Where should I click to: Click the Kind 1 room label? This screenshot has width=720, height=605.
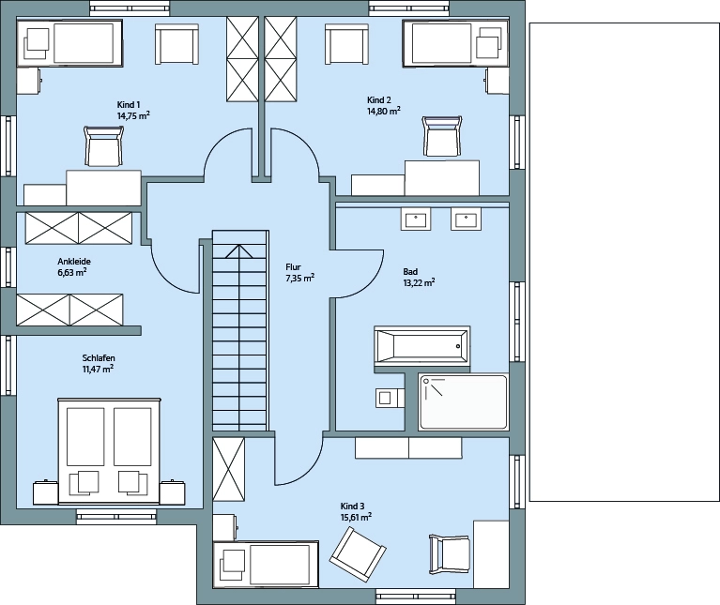coord(128,105)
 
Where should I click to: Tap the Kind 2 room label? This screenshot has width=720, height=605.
coord(379,100)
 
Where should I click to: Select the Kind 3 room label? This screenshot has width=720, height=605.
coord(352,507)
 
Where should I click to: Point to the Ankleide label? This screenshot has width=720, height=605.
coord(74,262)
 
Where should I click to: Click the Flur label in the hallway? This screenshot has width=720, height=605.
coord(293,267)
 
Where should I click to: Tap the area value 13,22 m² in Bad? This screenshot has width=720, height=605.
coord(419,282)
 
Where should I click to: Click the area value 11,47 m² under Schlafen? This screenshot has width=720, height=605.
coord(98,369)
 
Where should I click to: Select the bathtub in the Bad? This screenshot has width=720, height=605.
coord(422,346)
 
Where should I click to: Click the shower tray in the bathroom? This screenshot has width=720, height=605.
coord(464,402)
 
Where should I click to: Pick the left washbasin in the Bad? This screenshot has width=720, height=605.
coord(416,219)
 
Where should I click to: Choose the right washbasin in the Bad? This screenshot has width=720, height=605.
coord(466,219)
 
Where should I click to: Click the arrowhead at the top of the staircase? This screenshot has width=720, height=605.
coord(238,250)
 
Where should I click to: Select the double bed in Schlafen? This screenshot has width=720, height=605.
coord(109,451)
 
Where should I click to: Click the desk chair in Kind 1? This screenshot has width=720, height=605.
coord(104,146)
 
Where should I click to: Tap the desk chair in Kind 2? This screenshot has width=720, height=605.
coord(442,137)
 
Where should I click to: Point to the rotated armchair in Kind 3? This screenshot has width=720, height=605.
coord(358,552)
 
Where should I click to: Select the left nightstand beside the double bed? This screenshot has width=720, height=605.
coord(45,493)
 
